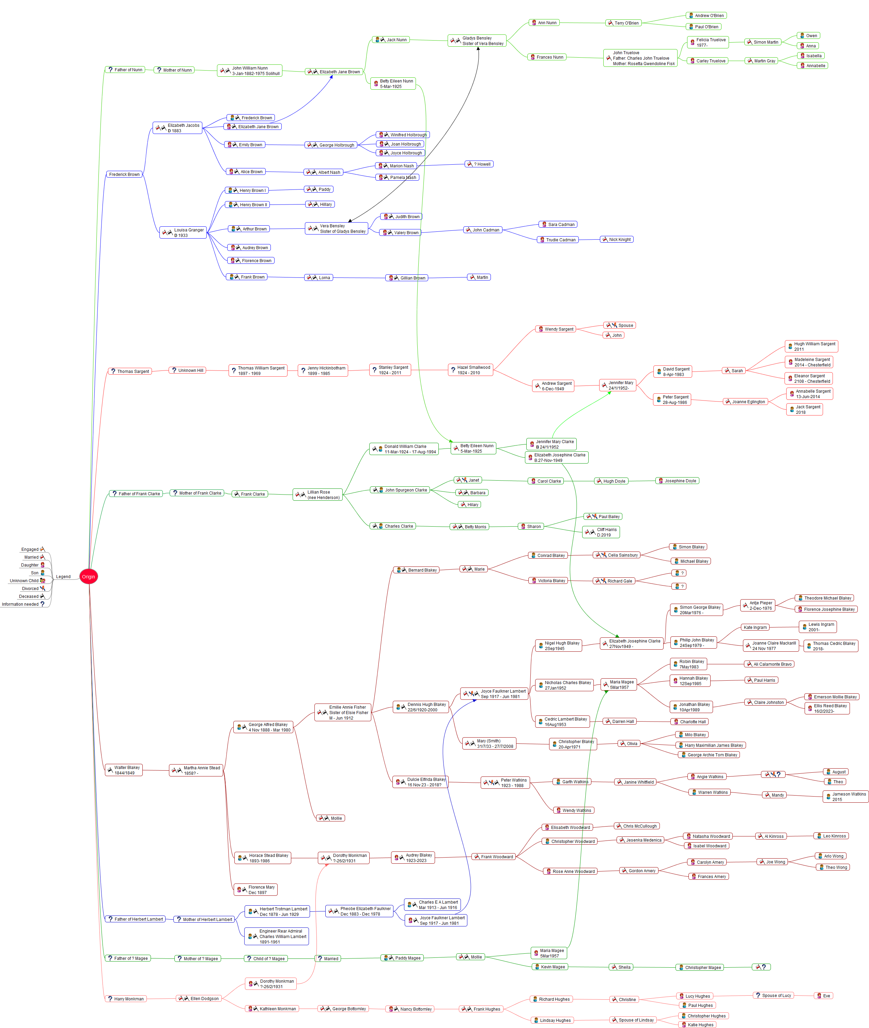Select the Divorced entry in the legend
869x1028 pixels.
pos(31,588)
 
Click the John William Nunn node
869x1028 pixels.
pos(250,71)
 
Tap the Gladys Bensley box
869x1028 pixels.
pos(477,41)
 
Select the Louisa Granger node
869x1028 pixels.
pos(183,232)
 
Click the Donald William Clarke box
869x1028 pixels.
pos(404,449)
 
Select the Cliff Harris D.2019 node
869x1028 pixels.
pos(602,532)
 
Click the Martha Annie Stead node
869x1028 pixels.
pos(197,770)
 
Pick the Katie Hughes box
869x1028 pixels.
pos(697,1025)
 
